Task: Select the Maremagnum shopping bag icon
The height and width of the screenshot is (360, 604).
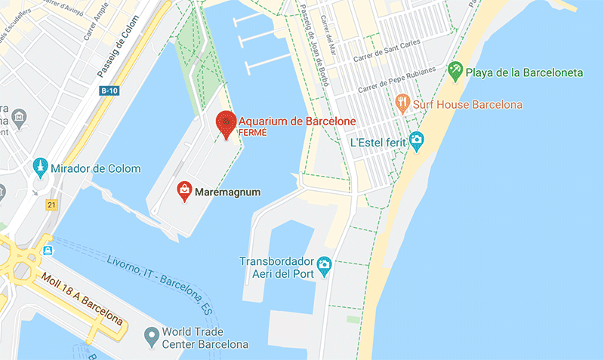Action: click(183, 191)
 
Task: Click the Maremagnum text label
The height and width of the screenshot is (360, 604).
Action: click(227, 192)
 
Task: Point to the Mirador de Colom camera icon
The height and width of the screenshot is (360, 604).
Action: click(40, 166)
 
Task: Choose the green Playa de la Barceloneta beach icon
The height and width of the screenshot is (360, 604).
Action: click(455, 72)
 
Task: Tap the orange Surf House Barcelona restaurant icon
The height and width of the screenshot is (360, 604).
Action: click(403, 103)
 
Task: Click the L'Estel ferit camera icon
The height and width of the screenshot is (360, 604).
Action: click(415, 140)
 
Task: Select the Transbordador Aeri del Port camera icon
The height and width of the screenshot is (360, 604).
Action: click(324, 265)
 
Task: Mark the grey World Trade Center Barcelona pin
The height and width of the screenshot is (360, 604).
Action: click(153, 333)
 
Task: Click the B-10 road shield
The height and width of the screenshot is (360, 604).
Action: click(109, 91)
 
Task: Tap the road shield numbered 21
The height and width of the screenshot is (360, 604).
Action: click(51, 205)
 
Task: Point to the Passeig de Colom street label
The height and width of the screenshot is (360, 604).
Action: click(114, 46)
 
